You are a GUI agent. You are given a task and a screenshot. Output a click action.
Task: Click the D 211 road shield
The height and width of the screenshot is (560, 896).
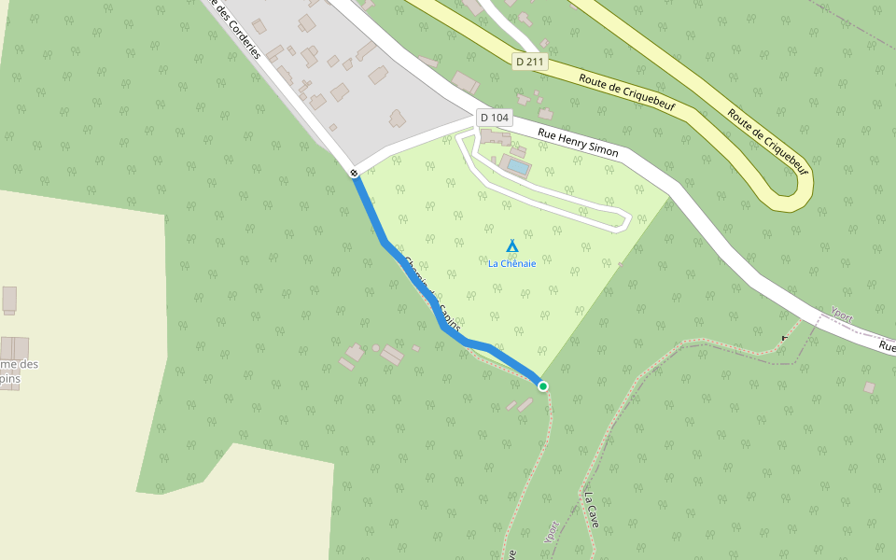(x=529, y=62)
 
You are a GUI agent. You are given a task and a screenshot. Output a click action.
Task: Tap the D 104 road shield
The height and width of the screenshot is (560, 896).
(x=494, y=118)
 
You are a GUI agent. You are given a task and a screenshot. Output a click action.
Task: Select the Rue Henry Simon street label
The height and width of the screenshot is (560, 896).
(x=578, y=142)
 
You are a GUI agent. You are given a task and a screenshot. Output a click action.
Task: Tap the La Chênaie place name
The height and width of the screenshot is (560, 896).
(x=511, y=263)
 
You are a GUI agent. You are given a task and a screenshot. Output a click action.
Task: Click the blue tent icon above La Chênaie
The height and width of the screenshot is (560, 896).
(x=511, y=245)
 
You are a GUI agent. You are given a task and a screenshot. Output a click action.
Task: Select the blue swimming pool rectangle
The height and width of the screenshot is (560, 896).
(x=516, y=167)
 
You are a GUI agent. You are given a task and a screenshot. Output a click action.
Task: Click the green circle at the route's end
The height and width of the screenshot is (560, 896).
(x=542, y=385)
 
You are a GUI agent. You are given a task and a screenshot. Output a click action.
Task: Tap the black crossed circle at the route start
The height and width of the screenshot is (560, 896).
(x=355, y=173)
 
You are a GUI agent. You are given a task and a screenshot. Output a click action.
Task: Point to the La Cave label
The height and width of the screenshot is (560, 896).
(x=592, y=510)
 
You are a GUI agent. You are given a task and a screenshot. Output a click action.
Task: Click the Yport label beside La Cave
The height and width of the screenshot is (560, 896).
(x=552, y=531)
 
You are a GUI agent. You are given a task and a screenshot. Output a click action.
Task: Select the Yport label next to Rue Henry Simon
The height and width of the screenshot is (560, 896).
(x=841, y=315)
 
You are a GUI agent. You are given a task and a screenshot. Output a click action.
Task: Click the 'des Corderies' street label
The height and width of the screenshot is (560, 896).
(x=237, y=34)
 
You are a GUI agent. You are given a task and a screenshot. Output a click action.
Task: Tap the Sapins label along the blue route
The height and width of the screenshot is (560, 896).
(x=444, y=303)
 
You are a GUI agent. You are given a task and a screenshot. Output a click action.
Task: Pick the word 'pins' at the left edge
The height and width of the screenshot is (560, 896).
(x=9, y=379)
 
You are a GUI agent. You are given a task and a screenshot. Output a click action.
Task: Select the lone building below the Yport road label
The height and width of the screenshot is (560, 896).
(x=869, y=386)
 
